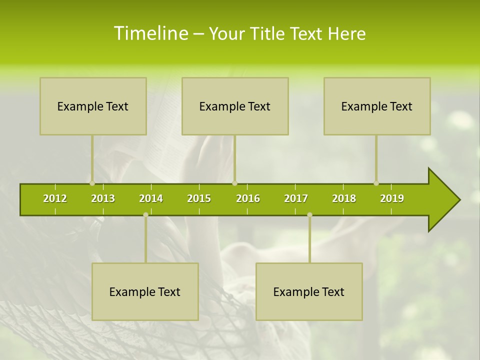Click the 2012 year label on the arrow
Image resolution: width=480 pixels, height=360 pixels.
tap(55, 198)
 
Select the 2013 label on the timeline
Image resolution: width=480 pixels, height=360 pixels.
tap(103, 198)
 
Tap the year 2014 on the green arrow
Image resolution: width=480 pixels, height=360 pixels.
tap(151, 198)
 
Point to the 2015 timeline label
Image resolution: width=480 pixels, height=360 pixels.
tap(199, 198)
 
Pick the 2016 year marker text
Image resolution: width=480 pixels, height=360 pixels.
tap(248, 198)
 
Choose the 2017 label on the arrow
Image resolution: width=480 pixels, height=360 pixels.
tap(296, 198)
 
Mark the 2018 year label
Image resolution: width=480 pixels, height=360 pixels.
tap(344, 198)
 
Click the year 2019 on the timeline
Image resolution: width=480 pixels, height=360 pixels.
tap(392, 198)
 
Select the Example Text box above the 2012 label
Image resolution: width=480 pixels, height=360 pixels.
tap(93, 106)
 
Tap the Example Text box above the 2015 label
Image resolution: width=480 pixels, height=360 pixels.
tap(235, 106)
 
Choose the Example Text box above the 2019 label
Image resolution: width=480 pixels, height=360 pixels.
tap(377, 106)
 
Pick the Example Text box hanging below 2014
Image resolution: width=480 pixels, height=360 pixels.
tap(145, 291)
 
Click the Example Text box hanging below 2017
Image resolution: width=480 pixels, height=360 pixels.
tap(309, 291)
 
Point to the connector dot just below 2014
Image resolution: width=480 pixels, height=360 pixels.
tap(145, 214)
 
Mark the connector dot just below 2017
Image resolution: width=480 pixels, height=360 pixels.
tap(309, 214)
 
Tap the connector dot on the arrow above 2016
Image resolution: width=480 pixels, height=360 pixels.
tap(234, 183)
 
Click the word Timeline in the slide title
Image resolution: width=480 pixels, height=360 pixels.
tap(150, 33)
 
